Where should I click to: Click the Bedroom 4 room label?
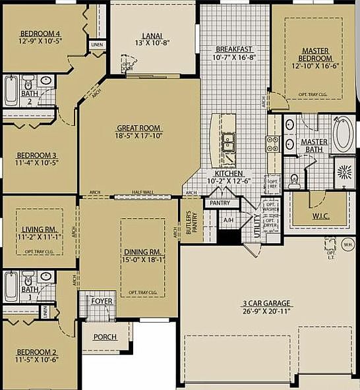40,34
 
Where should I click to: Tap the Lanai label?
152,36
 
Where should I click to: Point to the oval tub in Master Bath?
342,135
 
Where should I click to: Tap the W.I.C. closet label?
319,215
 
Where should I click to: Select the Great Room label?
139,128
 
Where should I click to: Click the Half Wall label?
142,192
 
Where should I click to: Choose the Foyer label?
102,301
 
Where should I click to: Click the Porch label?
105,337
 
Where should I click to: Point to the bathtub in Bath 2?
11,90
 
